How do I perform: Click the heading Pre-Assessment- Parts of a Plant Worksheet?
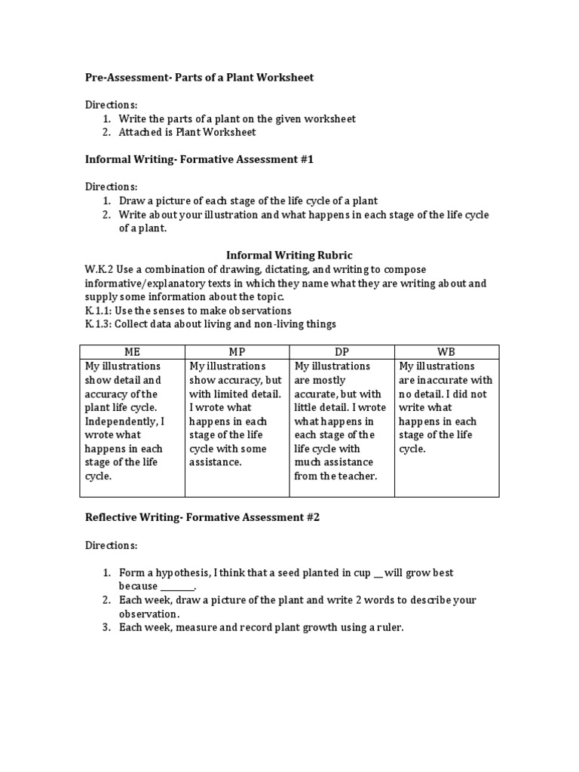click(198, 78)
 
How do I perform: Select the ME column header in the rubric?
click(132, 352)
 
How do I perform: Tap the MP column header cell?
click(237, 352)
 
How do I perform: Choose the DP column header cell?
click(342, 352)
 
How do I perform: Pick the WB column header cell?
click(446, 352)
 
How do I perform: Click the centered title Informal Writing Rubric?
click(289, 256)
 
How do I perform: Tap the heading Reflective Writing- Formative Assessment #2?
click(201, 517)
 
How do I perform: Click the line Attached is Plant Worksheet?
click(187, 133)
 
